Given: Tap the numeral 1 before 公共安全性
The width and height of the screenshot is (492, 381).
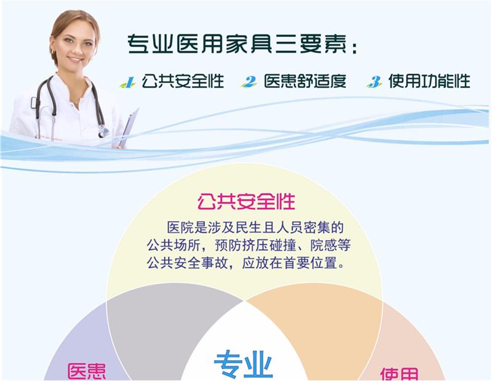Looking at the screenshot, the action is tap(128, 82).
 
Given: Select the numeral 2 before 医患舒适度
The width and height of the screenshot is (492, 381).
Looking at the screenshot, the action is tap(249, 82).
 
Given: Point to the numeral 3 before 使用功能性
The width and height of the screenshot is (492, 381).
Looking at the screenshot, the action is tap(375, 82).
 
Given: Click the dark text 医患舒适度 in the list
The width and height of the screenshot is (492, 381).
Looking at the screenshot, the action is tap(305, 81).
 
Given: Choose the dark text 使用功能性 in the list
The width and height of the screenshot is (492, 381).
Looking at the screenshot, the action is tap(429, 81).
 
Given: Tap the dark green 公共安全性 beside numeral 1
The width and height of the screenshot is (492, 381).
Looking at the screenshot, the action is tap(183, 81).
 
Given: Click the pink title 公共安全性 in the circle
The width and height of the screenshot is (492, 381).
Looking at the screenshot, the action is tap(247, 202).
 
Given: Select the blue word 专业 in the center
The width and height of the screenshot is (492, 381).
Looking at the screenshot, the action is tap(244, 364).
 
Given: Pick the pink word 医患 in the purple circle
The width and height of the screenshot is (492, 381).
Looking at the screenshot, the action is tap(87, 372).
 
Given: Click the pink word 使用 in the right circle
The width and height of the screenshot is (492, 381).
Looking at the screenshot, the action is tap(399, 374).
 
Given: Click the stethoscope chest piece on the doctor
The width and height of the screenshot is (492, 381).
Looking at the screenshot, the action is tap(103, 131).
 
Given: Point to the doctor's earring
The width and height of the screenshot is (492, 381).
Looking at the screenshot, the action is tap(54, 51).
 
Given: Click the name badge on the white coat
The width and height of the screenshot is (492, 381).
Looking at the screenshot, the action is tap(34, 103).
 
